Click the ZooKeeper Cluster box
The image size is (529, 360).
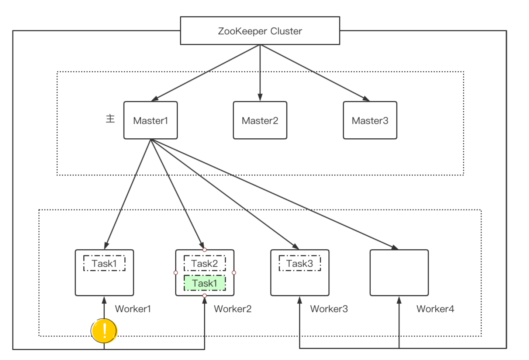(x=260, y=31)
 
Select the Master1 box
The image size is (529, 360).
(x=151, y=120)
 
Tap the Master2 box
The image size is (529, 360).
(x=260, y=120)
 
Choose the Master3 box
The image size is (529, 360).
(x=370, y=120)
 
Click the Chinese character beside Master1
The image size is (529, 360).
(x=110, y=118)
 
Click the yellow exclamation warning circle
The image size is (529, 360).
(x=104, y=330)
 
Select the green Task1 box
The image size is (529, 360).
(x=204, y=283)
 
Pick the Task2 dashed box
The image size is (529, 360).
(x=204, y=263)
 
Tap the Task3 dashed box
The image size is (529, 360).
(x=300, y=263)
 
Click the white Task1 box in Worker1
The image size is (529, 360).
(x=104, y=263)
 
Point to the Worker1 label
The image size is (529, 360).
(x=133, y=309)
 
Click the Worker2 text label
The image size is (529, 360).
(x=233, y=309)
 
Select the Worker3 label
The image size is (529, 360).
(x=329, y=309)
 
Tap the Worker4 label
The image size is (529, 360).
(x=435, y=309)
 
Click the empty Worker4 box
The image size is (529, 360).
(x=399, y=273)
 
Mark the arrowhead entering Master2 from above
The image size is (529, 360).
(x=260, y=97)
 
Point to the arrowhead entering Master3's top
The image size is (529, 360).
(x=366, y=99)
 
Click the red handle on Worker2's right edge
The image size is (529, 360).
(x=234, y=273)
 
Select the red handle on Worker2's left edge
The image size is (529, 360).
(x=176, y=273)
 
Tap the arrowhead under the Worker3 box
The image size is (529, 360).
(x=300, y=300)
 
